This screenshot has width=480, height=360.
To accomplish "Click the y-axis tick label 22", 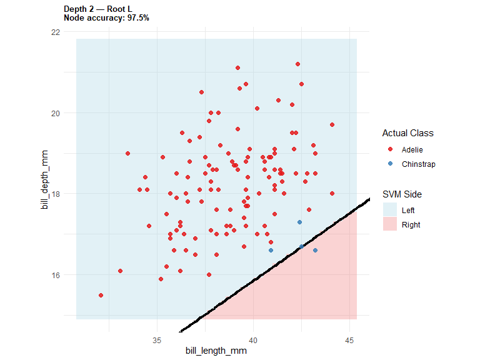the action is click(56, 32).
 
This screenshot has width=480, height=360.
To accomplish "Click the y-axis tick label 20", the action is click(56, 113).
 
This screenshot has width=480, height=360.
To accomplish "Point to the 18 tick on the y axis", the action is click(56, 194).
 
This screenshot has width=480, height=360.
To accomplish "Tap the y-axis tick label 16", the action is click(56, 275).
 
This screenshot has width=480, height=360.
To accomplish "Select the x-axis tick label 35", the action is click(157, 341).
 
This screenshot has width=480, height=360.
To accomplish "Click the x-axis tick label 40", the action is click(253, 341).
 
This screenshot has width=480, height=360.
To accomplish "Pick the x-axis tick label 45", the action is click(349, 341).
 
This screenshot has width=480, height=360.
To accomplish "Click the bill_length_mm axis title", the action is click(216, 351).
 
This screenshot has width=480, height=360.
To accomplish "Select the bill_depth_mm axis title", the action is click(45, 180).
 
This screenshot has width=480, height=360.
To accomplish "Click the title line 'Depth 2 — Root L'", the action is click(98, 9).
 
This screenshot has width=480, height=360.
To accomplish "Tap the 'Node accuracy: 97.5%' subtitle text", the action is click(106, 18).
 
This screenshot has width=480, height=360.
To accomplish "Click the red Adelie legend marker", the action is click(390, 149).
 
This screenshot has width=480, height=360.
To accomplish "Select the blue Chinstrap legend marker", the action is click(390, 164).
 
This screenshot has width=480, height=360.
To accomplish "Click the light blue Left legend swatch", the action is click(390, 210).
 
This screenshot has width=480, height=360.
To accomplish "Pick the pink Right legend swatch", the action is click(390, 224).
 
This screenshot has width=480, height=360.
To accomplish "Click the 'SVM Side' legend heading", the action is click(402, 194).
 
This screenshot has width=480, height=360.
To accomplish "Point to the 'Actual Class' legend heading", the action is click(407, 133).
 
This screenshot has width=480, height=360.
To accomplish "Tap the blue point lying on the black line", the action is click(301, 246).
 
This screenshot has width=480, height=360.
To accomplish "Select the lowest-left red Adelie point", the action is click(101, 296).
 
